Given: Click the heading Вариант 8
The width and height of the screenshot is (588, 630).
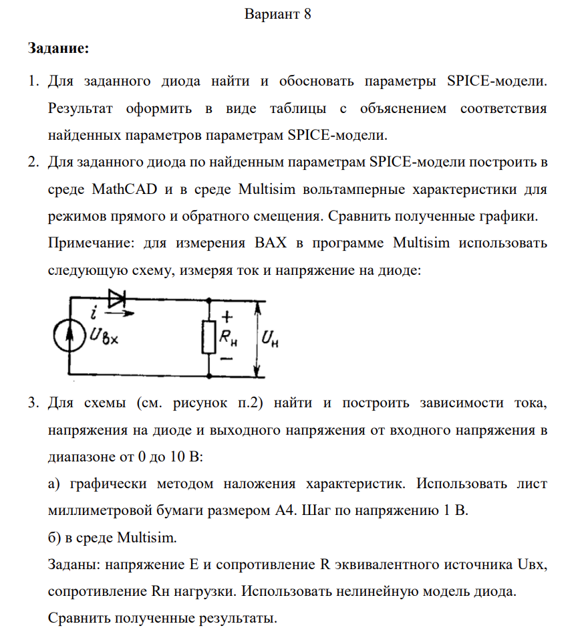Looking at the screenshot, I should [278, 14].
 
